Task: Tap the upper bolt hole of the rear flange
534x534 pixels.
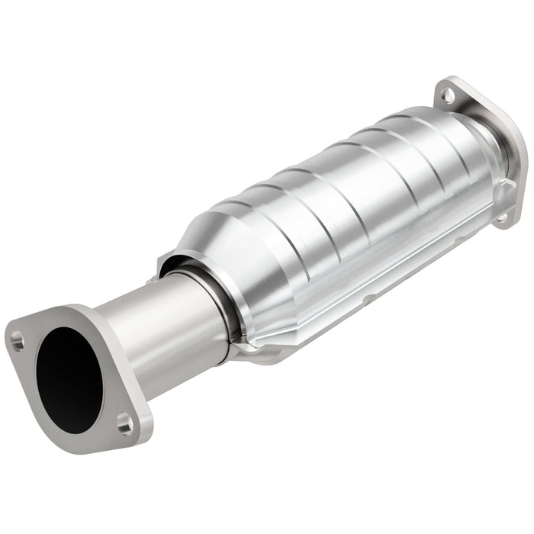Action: pyautogui.click(x=449, y=96)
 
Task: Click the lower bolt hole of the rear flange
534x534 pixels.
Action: pyautogui.click(x=501, y=218)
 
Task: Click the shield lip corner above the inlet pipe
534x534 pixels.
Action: pyautogui.click(x=163, y=263)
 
